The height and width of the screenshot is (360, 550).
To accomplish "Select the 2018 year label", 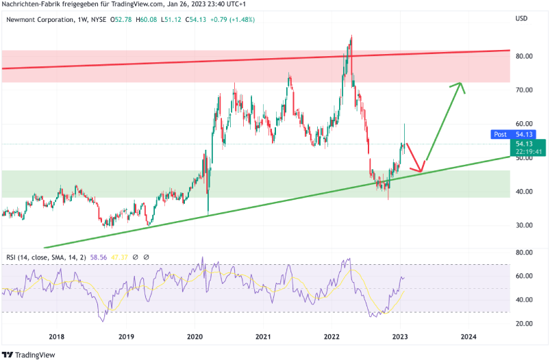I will (57, 337).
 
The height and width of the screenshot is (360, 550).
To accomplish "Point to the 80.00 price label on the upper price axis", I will (524, 56).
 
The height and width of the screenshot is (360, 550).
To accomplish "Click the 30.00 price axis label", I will (524, 225).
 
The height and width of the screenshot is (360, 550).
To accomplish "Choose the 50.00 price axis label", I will (524, 158).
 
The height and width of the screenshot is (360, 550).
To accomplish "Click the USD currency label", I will (521, 18).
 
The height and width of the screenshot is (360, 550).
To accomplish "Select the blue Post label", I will (500, 135).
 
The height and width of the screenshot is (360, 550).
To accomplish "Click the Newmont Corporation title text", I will (38, 19).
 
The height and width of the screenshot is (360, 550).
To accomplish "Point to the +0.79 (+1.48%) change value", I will (232, 19).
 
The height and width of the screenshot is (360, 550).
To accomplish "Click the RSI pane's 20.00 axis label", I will (524, 323).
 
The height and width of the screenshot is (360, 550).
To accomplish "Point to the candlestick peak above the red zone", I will (351, 37).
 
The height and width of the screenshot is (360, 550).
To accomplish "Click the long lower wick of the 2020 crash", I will (208, 207).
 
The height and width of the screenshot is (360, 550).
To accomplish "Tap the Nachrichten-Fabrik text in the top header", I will (30, 5).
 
